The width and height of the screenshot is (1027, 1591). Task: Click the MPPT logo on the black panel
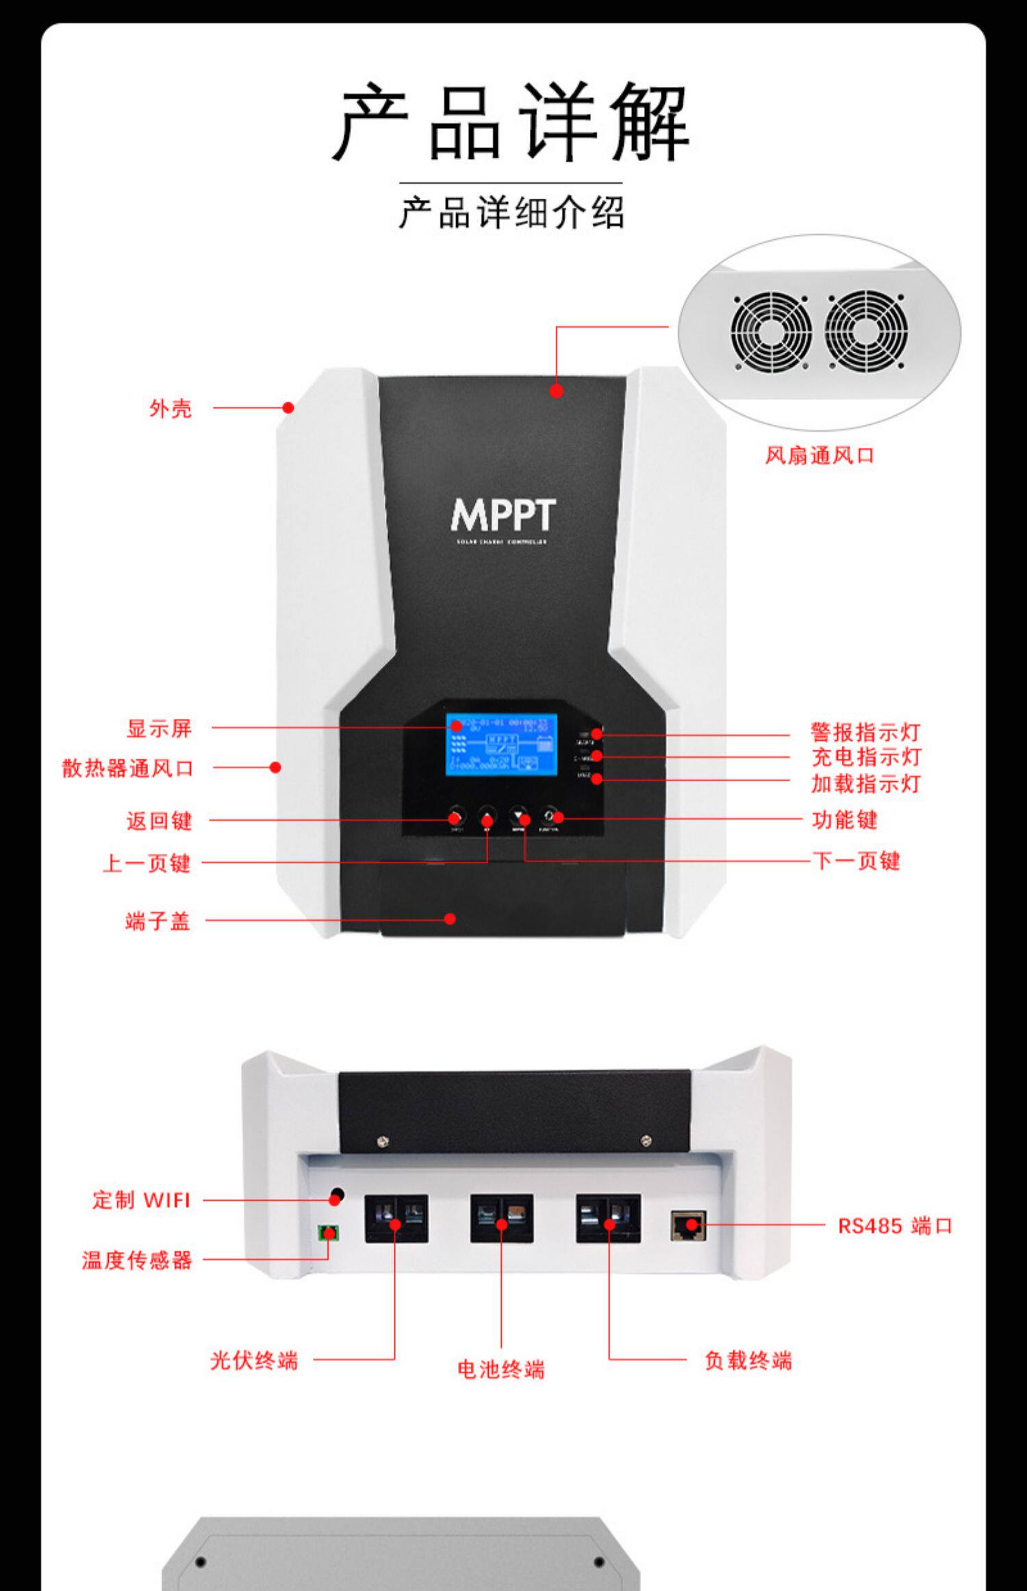(503, 517)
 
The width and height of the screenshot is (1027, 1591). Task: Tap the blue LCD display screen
(501, 745)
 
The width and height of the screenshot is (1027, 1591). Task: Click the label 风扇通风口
(820, 456)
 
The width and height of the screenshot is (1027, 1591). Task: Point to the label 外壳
(170, 409)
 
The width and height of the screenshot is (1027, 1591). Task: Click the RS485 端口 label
(895, 1226)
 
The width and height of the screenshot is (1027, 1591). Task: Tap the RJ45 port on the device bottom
(688, 1225)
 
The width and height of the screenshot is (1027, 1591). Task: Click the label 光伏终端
(254, 1360)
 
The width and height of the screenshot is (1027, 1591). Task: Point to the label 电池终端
(501, 1370)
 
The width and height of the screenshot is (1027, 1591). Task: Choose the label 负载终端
(748, 1360)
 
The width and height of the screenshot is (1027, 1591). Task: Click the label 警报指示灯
(865, 732)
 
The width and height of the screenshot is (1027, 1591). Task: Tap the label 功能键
(844, 819)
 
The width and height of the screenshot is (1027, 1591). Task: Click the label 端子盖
(157, 921)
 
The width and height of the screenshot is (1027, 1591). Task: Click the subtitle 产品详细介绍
(511, 212)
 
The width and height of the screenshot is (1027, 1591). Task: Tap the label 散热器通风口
(128, 768)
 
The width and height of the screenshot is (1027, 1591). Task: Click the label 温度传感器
(137, 1260)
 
